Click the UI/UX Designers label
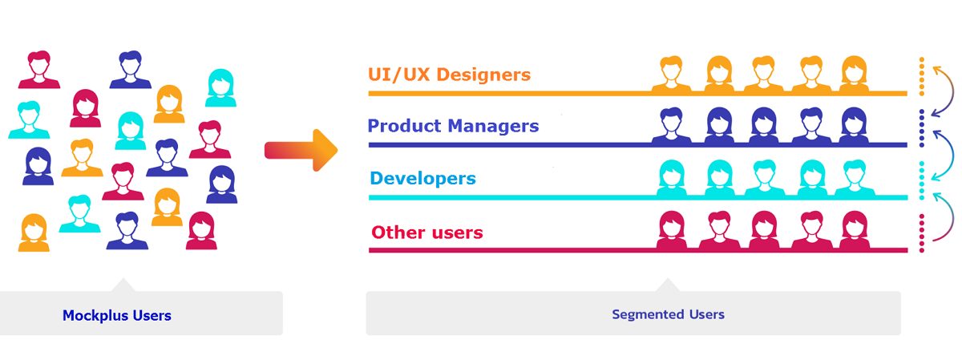[449, 75]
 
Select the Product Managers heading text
[453, 126]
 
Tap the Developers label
[422, 178]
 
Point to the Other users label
[426, 233]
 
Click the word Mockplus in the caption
[95, 316]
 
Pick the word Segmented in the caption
[649, 314]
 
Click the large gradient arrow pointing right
[301, 151]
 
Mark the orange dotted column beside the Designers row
[922, 76]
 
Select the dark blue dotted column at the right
[922, 128]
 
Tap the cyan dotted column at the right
[922, 180]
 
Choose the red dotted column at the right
[922, 233]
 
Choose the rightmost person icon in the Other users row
[855, 230]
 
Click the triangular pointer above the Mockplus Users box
[123, 286]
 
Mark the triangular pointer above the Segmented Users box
[668, 286]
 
